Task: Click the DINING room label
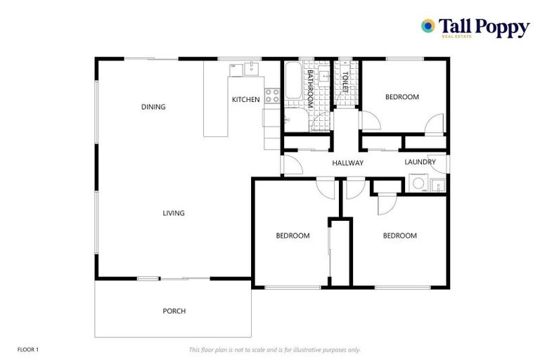point(153,108)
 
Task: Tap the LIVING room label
point(174,213)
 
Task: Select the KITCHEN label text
point(246,100)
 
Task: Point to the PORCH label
point(174,311)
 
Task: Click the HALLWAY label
point(348,163)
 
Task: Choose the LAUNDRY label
point(420,162)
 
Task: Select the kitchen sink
point(245,68)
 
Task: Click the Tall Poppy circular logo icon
point(427,26)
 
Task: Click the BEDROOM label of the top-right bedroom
point(402,97)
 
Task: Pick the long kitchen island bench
point(217,98)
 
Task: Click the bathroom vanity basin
point(323,75)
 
